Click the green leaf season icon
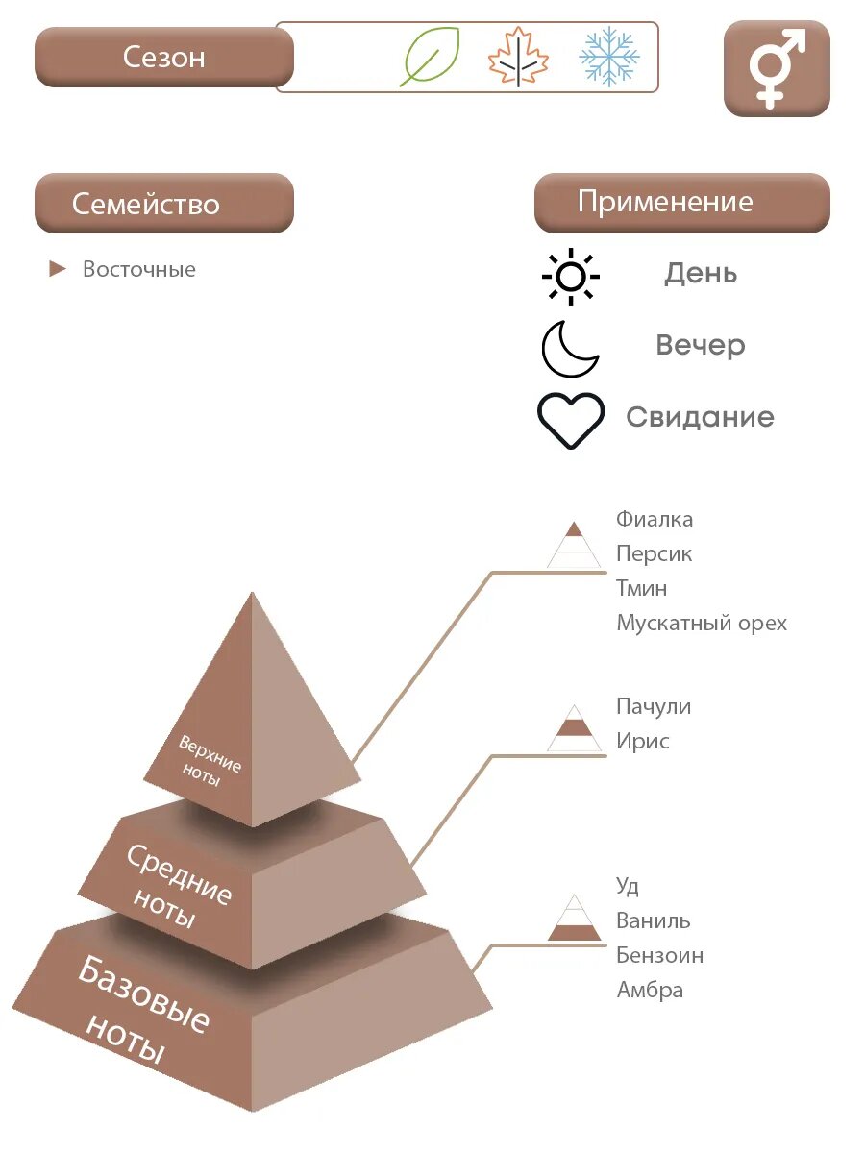click(430, 57)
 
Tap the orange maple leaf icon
click(518, 58)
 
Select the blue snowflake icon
click(609, 57)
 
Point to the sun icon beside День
click(571, 277)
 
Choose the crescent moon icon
click(570, 348)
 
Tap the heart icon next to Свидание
click(571, 420)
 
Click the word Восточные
click(139, 270)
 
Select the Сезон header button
click(164, 57)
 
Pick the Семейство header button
click(164, 204)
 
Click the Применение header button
click(681, 203)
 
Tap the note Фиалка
click(655, 520)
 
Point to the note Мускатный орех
click(702, 624)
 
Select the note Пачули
click(654, 707)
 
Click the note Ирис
click(643, 742)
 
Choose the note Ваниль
click(654, 921)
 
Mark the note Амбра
click(650, 991)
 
